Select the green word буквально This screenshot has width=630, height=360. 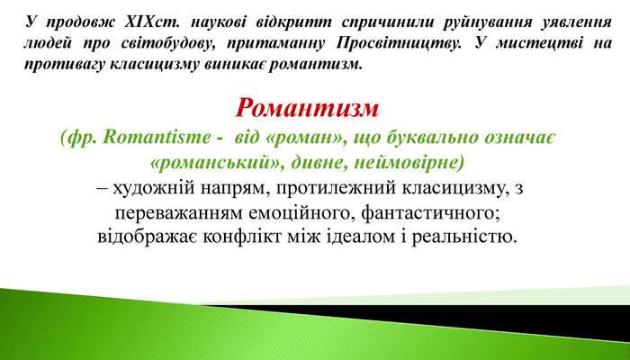(x=420, y=139)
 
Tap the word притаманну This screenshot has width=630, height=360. (x=273, y=42)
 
